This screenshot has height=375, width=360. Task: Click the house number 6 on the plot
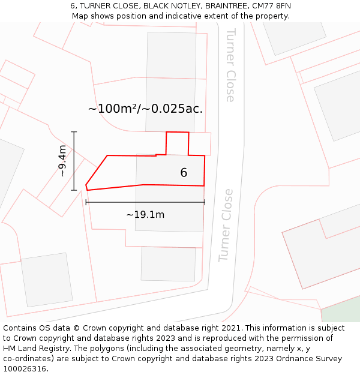pos(184,173)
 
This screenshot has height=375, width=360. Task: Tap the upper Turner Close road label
pos(230,65)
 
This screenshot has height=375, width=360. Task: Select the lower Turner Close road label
pos(226,226)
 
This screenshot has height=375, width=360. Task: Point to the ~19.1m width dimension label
pos(145,214)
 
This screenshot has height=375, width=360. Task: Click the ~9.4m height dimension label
pos(62,161)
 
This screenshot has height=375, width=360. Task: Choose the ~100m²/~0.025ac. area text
pos(145,109)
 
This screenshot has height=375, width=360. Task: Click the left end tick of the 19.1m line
pos(86,202)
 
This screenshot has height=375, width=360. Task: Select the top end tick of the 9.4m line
pos(74,132)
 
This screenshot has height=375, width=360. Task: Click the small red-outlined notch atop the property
pos(178,143)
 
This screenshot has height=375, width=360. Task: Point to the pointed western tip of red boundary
pos(86,186)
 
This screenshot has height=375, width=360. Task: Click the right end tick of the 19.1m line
pos(205,202)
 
